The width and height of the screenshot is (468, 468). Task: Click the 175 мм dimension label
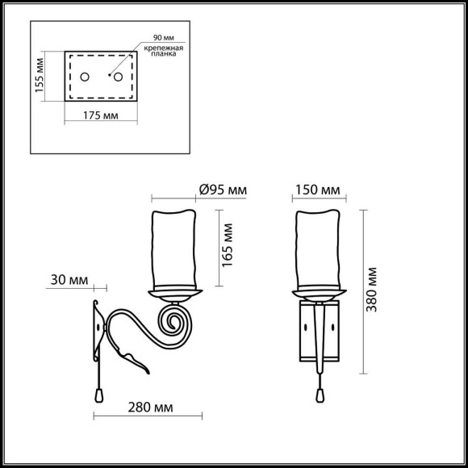click(101, 116)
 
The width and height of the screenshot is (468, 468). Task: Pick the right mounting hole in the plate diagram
click(119, 77)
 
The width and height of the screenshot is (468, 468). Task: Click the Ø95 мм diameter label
click(222, 190)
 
